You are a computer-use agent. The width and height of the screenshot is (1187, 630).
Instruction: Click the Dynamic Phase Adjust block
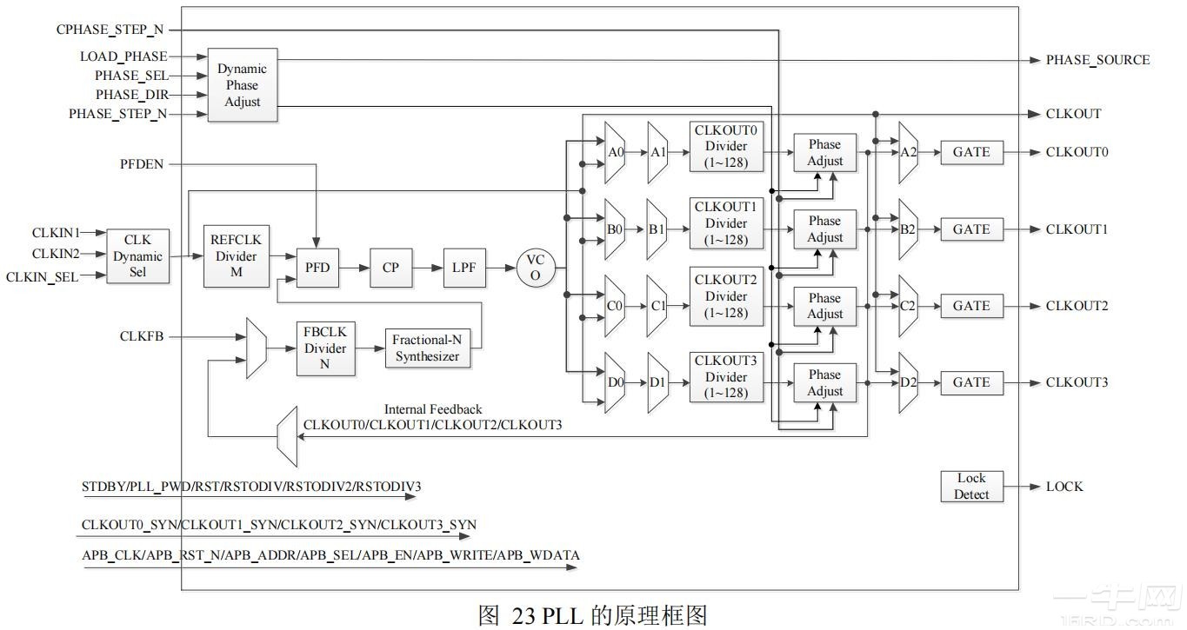242,85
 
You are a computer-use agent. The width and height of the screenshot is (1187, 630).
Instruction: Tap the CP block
390,268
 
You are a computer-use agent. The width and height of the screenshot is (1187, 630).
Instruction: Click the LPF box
464,268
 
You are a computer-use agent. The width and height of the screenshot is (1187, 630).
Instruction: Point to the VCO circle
535,268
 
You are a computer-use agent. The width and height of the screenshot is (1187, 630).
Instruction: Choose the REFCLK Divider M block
236,256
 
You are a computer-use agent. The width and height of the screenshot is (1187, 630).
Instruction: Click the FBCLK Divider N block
325,348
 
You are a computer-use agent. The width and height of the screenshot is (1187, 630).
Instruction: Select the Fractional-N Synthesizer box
426,348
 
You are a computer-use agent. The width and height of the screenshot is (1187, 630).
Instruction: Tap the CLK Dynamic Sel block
137,256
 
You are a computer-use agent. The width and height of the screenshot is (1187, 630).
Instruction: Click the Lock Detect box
970,487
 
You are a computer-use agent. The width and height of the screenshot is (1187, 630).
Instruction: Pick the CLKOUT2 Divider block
725,296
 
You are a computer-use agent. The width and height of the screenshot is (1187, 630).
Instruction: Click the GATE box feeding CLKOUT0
970,152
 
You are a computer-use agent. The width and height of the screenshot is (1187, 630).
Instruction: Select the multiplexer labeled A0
615,152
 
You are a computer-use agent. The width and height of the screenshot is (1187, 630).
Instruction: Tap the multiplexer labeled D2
908,382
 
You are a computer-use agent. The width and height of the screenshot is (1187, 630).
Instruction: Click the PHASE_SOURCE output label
1097,60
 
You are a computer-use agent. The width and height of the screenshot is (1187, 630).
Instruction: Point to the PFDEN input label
142,163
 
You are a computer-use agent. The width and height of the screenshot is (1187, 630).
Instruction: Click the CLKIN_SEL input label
42,277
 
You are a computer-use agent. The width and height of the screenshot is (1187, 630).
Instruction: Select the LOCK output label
1064,487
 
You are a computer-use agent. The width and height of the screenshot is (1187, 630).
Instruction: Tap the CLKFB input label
142,336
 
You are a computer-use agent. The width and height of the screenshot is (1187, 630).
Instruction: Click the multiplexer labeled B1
657,229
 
